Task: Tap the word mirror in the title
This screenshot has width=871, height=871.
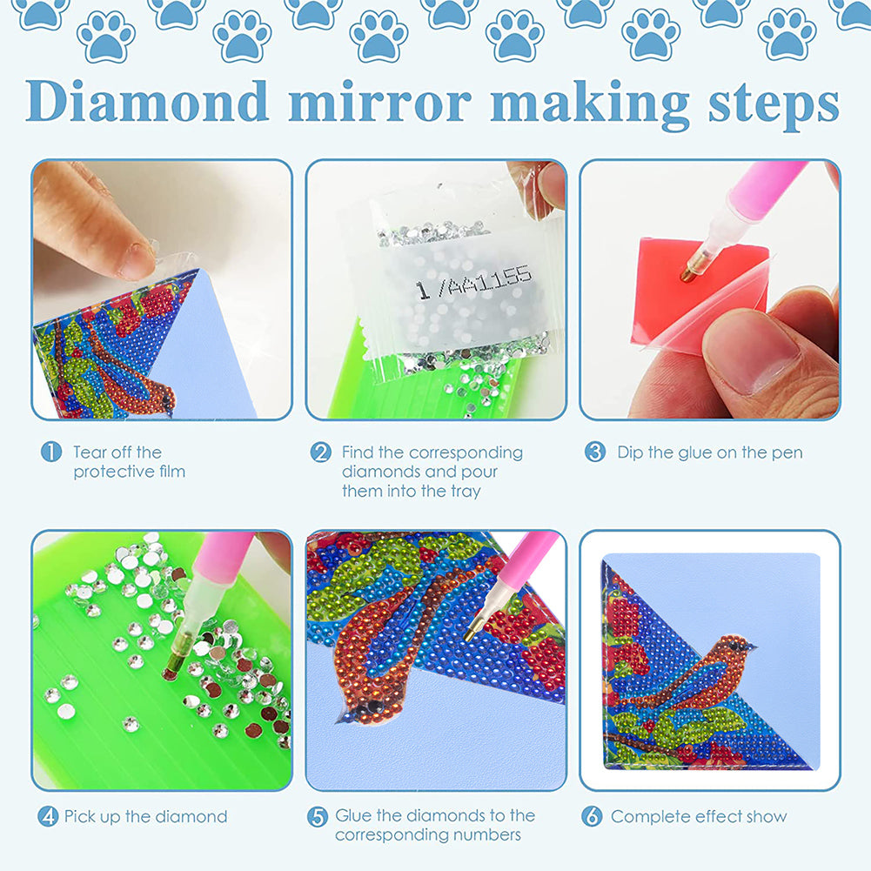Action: pyautogui.click(x=379, y=102)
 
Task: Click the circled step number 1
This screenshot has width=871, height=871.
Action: pyautogui.click(x=51, y=452)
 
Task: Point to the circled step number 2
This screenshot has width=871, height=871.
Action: pyautogui.click(x=321, y=452)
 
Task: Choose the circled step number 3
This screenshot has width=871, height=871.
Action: pyautogui.click(x=595, y=452)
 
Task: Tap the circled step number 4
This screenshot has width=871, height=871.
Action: pyautogui.click(x=48, y=816)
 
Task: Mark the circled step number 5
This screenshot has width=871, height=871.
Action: pyautogui.click(x=318, y=816)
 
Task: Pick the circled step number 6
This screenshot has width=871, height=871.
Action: pyautogui.click(x=593, y=816)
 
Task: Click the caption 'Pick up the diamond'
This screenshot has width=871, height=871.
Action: pyautogui.click(x=145, y=816)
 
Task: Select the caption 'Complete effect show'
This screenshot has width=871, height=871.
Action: pyautogui.click(x=698, y=816)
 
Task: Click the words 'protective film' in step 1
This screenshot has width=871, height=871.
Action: pyautogui.click(x=129, y=472)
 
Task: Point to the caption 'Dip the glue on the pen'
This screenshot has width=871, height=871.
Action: pyautogui.click(x=709, y=452)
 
